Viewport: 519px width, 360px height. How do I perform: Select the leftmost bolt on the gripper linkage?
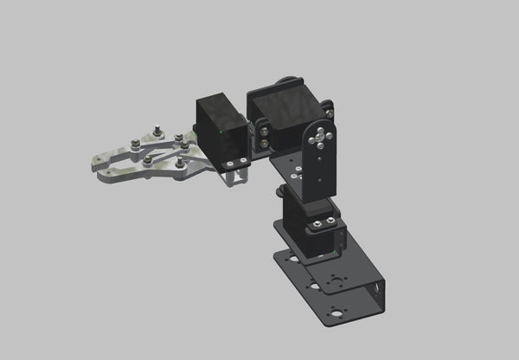(x=135, y=143)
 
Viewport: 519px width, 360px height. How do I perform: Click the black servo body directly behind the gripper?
(x=221, y=130)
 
